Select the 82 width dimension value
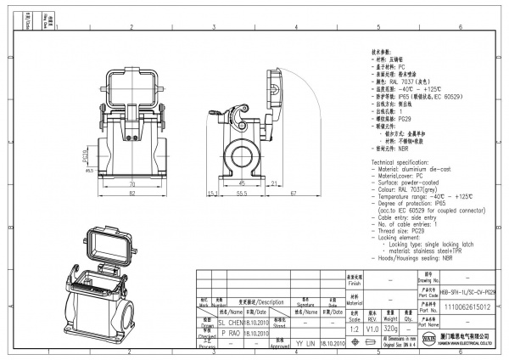click(131, 194)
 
